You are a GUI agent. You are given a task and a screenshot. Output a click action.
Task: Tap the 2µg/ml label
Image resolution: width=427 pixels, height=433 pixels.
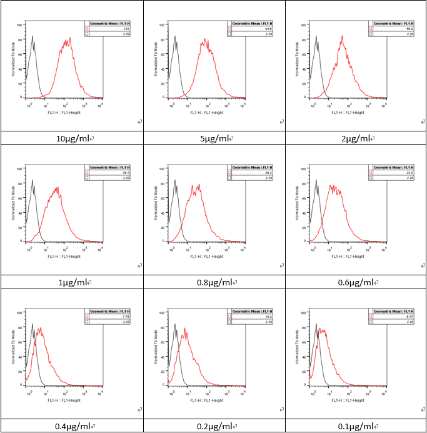tap(355, 139)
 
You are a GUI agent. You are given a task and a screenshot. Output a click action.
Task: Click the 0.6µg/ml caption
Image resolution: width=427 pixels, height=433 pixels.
tap(355, 282)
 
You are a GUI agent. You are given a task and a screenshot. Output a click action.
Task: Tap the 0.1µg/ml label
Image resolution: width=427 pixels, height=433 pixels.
tap(355, 426)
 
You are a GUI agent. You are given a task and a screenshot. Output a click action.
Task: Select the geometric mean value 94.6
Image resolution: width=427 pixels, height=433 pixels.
tap(268, 28)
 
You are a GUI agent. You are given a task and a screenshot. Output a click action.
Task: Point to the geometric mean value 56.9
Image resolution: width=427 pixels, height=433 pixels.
tap(410, 28)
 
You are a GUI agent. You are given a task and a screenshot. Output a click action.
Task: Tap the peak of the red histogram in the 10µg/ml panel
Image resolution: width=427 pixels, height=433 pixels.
tap(70, 38)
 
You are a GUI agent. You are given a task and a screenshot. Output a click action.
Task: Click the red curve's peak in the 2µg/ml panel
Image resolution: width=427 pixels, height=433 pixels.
tap(342, 36)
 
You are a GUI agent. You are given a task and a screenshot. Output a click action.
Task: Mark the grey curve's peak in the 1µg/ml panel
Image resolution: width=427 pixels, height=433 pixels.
tap(33, 180)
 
